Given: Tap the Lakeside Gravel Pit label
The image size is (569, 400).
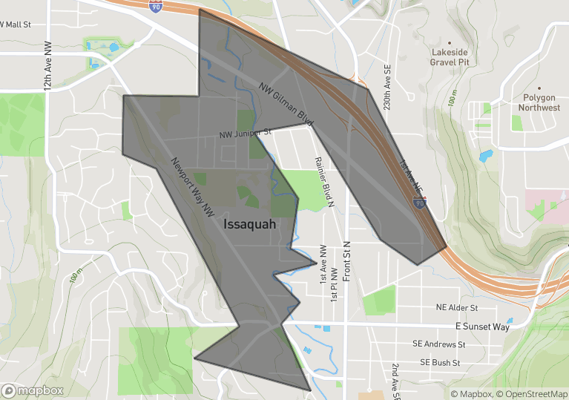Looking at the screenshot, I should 450,57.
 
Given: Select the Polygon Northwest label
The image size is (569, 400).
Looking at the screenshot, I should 539,102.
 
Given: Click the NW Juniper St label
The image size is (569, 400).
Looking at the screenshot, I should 246,134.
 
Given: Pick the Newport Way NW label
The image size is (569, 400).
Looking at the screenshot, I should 192,187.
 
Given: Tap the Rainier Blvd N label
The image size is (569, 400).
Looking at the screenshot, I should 325,181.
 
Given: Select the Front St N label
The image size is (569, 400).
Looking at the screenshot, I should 346,264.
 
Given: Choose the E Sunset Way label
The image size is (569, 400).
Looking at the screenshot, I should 482,327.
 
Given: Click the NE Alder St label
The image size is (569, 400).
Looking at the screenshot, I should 455,307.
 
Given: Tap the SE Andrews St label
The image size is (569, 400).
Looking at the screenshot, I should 440,344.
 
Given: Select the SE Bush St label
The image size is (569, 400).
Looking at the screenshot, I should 440,363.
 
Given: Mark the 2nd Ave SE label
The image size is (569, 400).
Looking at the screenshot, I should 395,378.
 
